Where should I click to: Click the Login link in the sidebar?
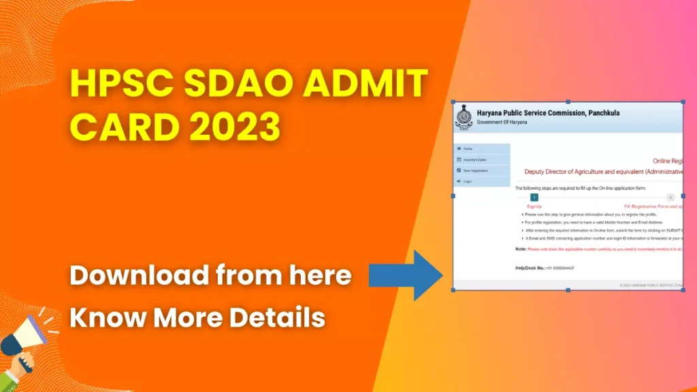pyautogui.click(x=468, y=181)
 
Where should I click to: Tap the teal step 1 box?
pyautogui.click(x=534, y=197)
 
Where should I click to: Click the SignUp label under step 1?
pyautogui.click(x=534, y=206)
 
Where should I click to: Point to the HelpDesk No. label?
pyautogui.click(x=531, y=268)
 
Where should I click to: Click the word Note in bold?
pyautogui.click(x=520, y=248)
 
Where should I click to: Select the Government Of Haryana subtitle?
pyautogui.click(x=500, y=121)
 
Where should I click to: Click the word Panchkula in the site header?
pyautogui.click(x=602, y=112)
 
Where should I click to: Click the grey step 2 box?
pyautogui.click(x=670, y=197)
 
